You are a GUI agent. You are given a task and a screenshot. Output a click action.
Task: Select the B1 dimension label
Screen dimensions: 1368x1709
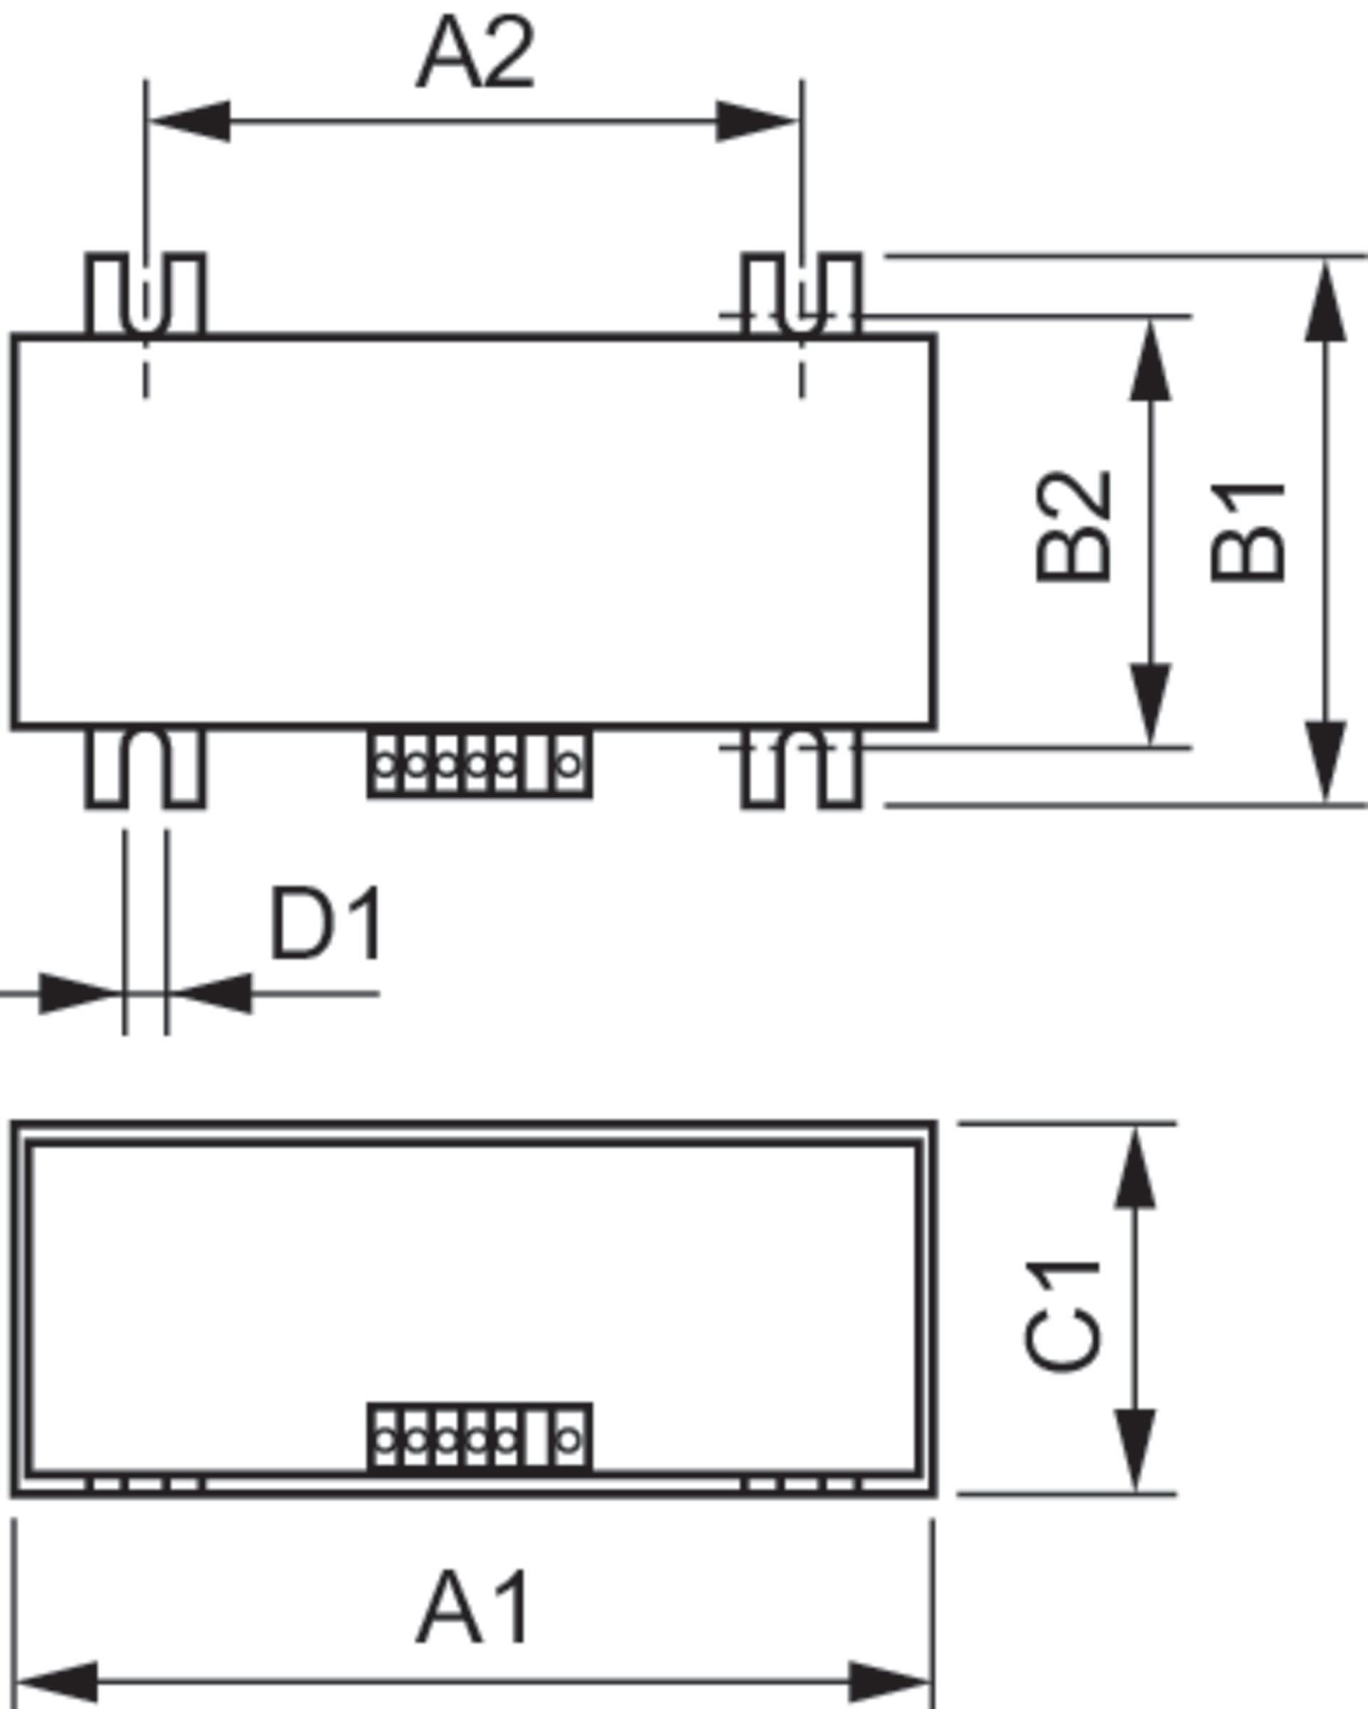click(x=1247, y=533)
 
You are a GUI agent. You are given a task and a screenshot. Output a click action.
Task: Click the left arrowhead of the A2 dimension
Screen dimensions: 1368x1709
click(x=190, y=121)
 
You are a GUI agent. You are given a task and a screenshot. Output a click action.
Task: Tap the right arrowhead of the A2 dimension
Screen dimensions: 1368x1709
click(x=757, y=121)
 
